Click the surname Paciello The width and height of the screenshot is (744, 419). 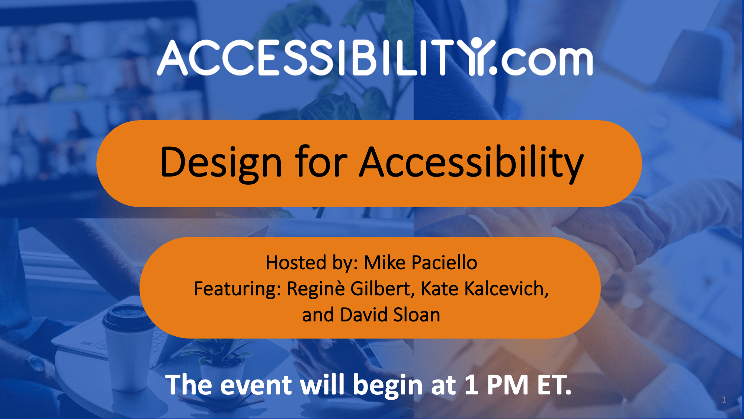(x=444, y=263)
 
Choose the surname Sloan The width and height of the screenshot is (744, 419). (x=417, y=315)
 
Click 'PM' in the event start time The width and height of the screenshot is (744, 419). (x=507, y=385)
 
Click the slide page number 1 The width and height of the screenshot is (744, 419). (x=724, y=400)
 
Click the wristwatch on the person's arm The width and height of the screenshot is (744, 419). (x=37, y=363)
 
